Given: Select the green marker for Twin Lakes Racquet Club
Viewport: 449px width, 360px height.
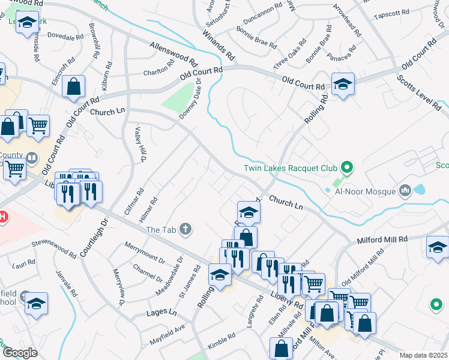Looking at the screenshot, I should (346, 166).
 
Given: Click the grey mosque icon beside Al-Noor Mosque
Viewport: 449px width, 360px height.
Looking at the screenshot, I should (405, 191).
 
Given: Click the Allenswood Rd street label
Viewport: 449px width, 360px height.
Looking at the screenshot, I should (173, 54).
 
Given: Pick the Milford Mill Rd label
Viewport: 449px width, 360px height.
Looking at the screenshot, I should (382, 239).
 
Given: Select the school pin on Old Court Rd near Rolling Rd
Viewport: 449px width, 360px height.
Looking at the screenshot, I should (343, 84).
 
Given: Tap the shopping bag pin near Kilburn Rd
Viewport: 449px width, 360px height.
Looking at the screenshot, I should (73, 87).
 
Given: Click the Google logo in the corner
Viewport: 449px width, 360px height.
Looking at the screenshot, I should (20, 353).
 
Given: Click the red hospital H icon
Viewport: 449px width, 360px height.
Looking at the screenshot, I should (2, 217).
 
